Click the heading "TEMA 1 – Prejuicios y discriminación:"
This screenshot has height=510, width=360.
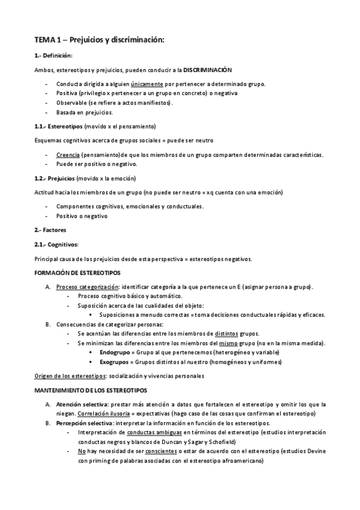pyautogui.click(x=99, y=40)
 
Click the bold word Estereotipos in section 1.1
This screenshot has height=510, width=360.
pyautogui.click(x=66, y=126)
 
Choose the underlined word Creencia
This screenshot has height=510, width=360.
pyautogui.click(x=70, y=155)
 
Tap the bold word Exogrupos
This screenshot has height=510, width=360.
pyautogui.click(x=115, y=362)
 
